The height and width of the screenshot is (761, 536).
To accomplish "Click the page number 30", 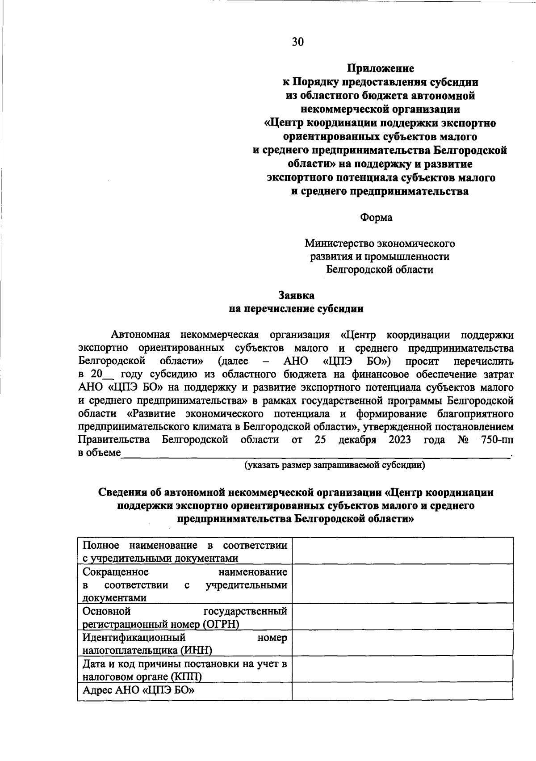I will (297, 42).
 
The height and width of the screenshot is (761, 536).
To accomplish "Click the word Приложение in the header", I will (381, 68).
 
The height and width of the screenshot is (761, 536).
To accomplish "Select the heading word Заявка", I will (296, 295).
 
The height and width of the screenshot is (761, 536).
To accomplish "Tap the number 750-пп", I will (497, 440).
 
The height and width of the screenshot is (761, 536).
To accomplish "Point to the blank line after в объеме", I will (315, 454).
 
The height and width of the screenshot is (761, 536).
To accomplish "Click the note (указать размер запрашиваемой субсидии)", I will (334, 465).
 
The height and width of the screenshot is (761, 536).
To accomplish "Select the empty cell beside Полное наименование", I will (402, 551).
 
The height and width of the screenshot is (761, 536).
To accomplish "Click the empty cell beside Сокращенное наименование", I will (402, 584).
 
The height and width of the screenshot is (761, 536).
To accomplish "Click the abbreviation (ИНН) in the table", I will (196, 650).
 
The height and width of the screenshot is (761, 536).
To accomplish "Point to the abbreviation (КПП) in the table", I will (184, 677).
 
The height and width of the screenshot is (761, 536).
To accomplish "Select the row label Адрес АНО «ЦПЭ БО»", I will (139, 690).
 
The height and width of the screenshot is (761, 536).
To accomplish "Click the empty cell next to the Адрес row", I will (402, 690).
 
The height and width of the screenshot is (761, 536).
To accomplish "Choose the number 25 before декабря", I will (320, 440).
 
